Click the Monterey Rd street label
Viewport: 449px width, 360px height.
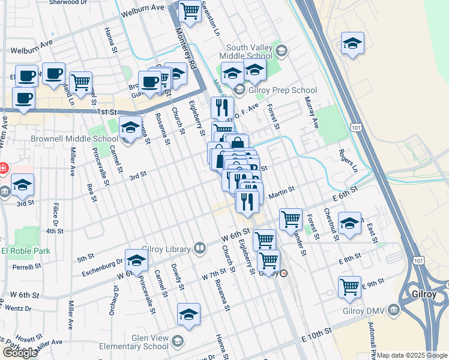[x=186, y=52]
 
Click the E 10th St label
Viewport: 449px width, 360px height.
[x=316, y=332]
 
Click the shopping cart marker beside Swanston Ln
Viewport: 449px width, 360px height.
[x=190, y=11]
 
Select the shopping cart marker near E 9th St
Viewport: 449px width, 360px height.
[x=349, y=286]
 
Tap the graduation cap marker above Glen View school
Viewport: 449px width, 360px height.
[x=188, y=314]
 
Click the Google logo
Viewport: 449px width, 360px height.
[x=20, y=352]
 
